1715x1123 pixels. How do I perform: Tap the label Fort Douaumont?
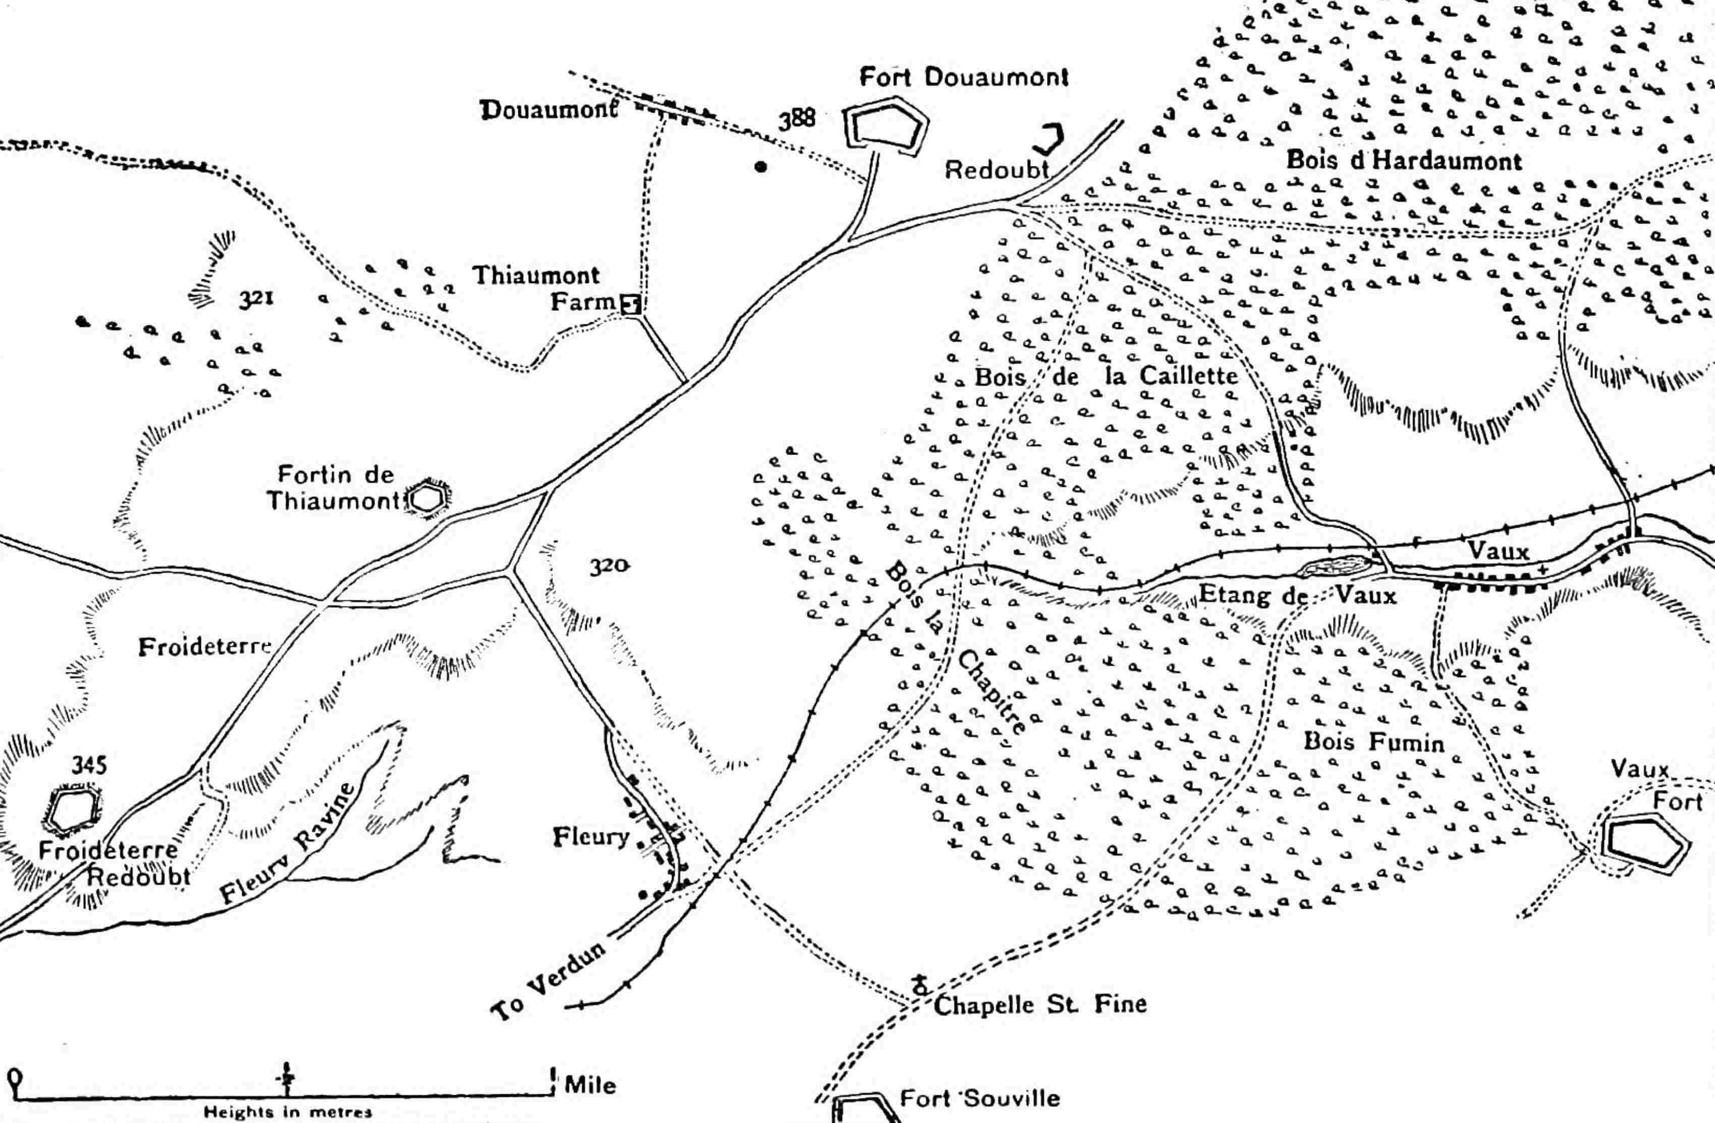(x=963, y=77)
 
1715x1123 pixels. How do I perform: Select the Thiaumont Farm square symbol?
(x=631, y=305)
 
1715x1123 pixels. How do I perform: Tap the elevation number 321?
(x=256, y=298)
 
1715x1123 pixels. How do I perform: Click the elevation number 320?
(x=609, y=567)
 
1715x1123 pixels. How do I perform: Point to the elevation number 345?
(x=89, y=764)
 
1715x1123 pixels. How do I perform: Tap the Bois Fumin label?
(x=1374, y=742)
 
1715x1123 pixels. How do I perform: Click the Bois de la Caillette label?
(x=1106, y=376)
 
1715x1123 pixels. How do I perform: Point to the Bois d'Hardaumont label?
(x=1404, y=160)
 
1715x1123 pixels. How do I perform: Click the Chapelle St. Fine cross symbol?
(x=919, y=984)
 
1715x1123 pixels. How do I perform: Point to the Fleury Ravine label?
(x=288, y=843)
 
